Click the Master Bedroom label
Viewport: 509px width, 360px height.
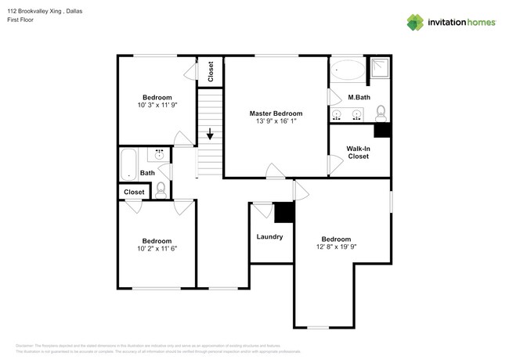[276, 113]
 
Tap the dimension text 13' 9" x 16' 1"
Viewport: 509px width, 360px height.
[276, 122]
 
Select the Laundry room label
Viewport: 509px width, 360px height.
[269, 236]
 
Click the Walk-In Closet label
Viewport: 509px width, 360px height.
[359, 153]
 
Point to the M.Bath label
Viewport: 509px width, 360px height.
[359, 97]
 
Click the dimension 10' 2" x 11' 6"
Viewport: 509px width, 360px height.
[157, 250]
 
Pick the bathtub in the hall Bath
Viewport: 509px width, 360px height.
[127, 164]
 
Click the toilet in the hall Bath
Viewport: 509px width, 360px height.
[161, 188]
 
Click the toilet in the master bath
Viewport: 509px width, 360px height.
[381, 112]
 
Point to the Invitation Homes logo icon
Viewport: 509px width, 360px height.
[415, 22]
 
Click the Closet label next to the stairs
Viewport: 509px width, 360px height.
[211, 72]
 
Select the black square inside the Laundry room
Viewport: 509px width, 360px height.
[283, 211]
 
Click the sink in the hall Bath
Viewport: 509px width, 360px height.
[161, 155]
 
